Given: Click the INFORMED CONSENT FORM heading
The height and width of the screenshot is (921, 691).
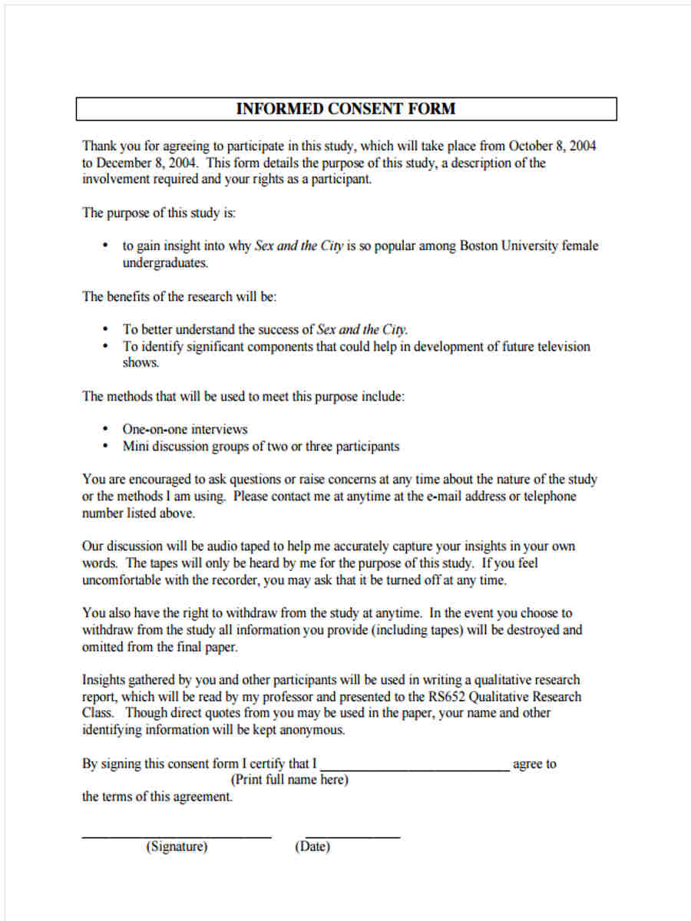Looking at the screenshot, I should click(x=345, y=109).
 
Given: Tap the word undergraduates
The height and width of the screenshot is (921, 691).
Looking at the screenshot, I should click(x=165, y=263).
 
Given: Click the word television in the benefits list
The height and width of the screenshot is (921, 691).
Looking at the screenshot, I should click(x=563, y=346).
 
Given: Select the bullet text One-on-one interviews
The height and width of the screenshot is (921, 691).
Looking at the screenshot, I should click(x=185, y=429).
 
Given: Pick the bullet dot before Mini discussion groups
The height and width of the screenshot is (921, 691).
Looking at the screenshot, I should click(x=105, y=447).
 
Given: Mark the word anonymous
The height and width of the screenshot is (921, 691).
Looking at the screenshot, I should click(x=310, y=730).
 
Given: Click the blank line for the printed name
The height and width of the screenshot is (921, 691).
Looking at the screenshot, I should click(x=415, y=768).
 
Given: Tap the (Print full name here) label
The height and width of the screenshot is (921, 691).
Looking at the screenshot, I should click(x=289, y=781).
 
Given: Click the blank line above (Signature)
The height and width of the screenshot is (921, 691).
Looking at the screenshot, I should click(x=177, y=836).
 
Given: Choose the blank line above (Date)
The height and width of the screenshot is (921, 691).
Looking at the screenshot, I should click(x=352, y=836).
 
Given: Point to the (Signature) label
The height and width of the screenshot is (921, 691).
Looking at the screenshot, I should click(x=177, y=847).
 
